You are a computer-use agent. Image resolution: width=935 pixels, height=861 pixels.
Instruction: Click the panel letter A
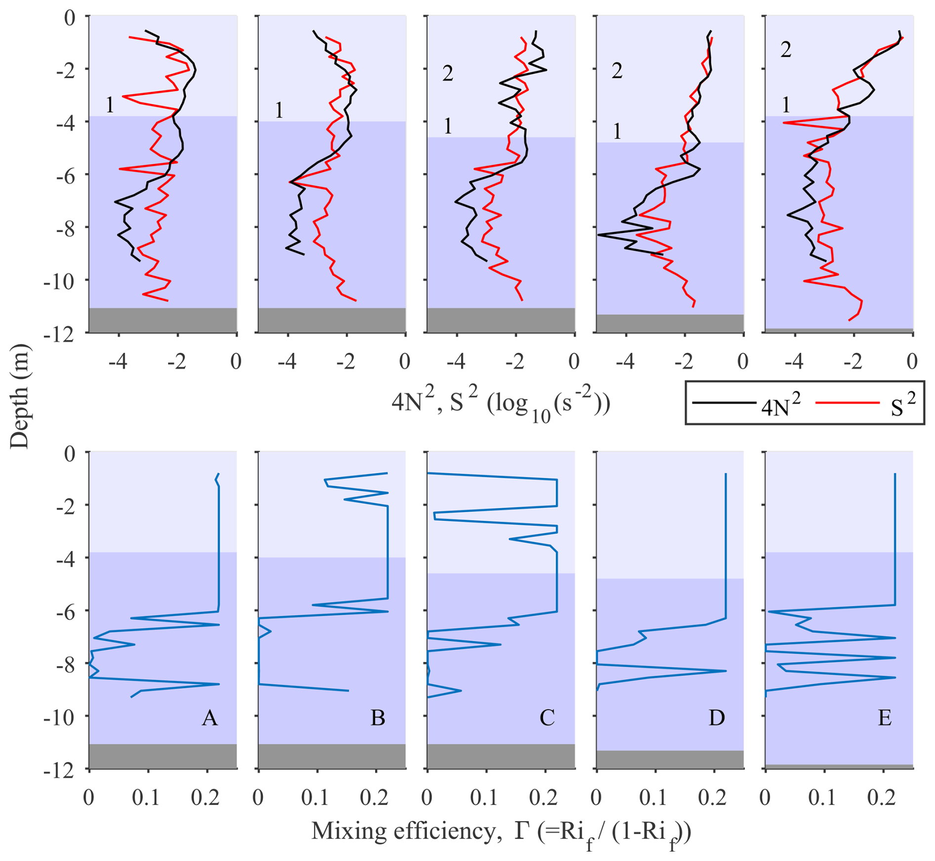tap(210, 718)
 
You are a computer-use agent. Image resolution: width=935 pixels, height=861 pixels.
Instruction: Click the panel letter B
tap(378, 718)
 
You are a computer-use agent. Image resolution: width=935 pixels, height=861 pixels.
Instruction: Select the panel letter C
tap(547, 718)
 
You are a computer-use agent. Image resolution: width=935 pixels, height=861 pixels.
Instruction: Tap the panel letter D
tap(717, 718)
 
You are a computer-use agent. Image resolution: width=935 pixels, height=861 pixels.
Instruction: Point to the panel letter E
tap(885, 718)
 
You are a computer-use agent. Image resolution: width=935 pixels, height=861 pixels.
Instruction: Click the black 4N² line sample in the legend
tap(724, 403)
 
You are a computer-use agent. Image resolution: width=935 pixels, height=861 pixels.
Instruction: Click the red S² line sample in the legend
tap(847, 403)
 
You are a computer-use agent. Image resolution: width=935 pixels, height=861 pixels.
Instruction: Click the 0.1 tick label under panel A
tap(146, 798)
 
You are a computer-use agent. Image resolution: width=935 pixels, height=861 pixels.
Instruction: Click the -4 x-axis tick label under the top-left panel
tap(118, 362)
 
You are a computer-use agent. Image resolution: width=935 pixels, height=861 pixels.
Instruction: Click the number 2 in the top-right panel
tap(786, 49)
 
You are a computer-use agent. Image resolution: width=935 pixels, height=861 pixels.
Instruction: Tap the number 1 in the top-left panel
tap(110, 105)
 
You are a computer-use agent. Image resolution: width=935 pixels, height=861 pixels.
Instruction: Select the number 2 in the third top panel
tap(448, 74)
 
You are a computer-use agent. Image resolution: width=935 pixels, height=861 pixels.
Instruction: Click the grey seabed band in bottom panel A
tap(163, 756)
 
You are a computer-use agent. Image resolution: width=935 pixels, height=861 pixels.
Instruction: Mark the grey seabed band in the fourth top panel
tap(670, 323)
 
